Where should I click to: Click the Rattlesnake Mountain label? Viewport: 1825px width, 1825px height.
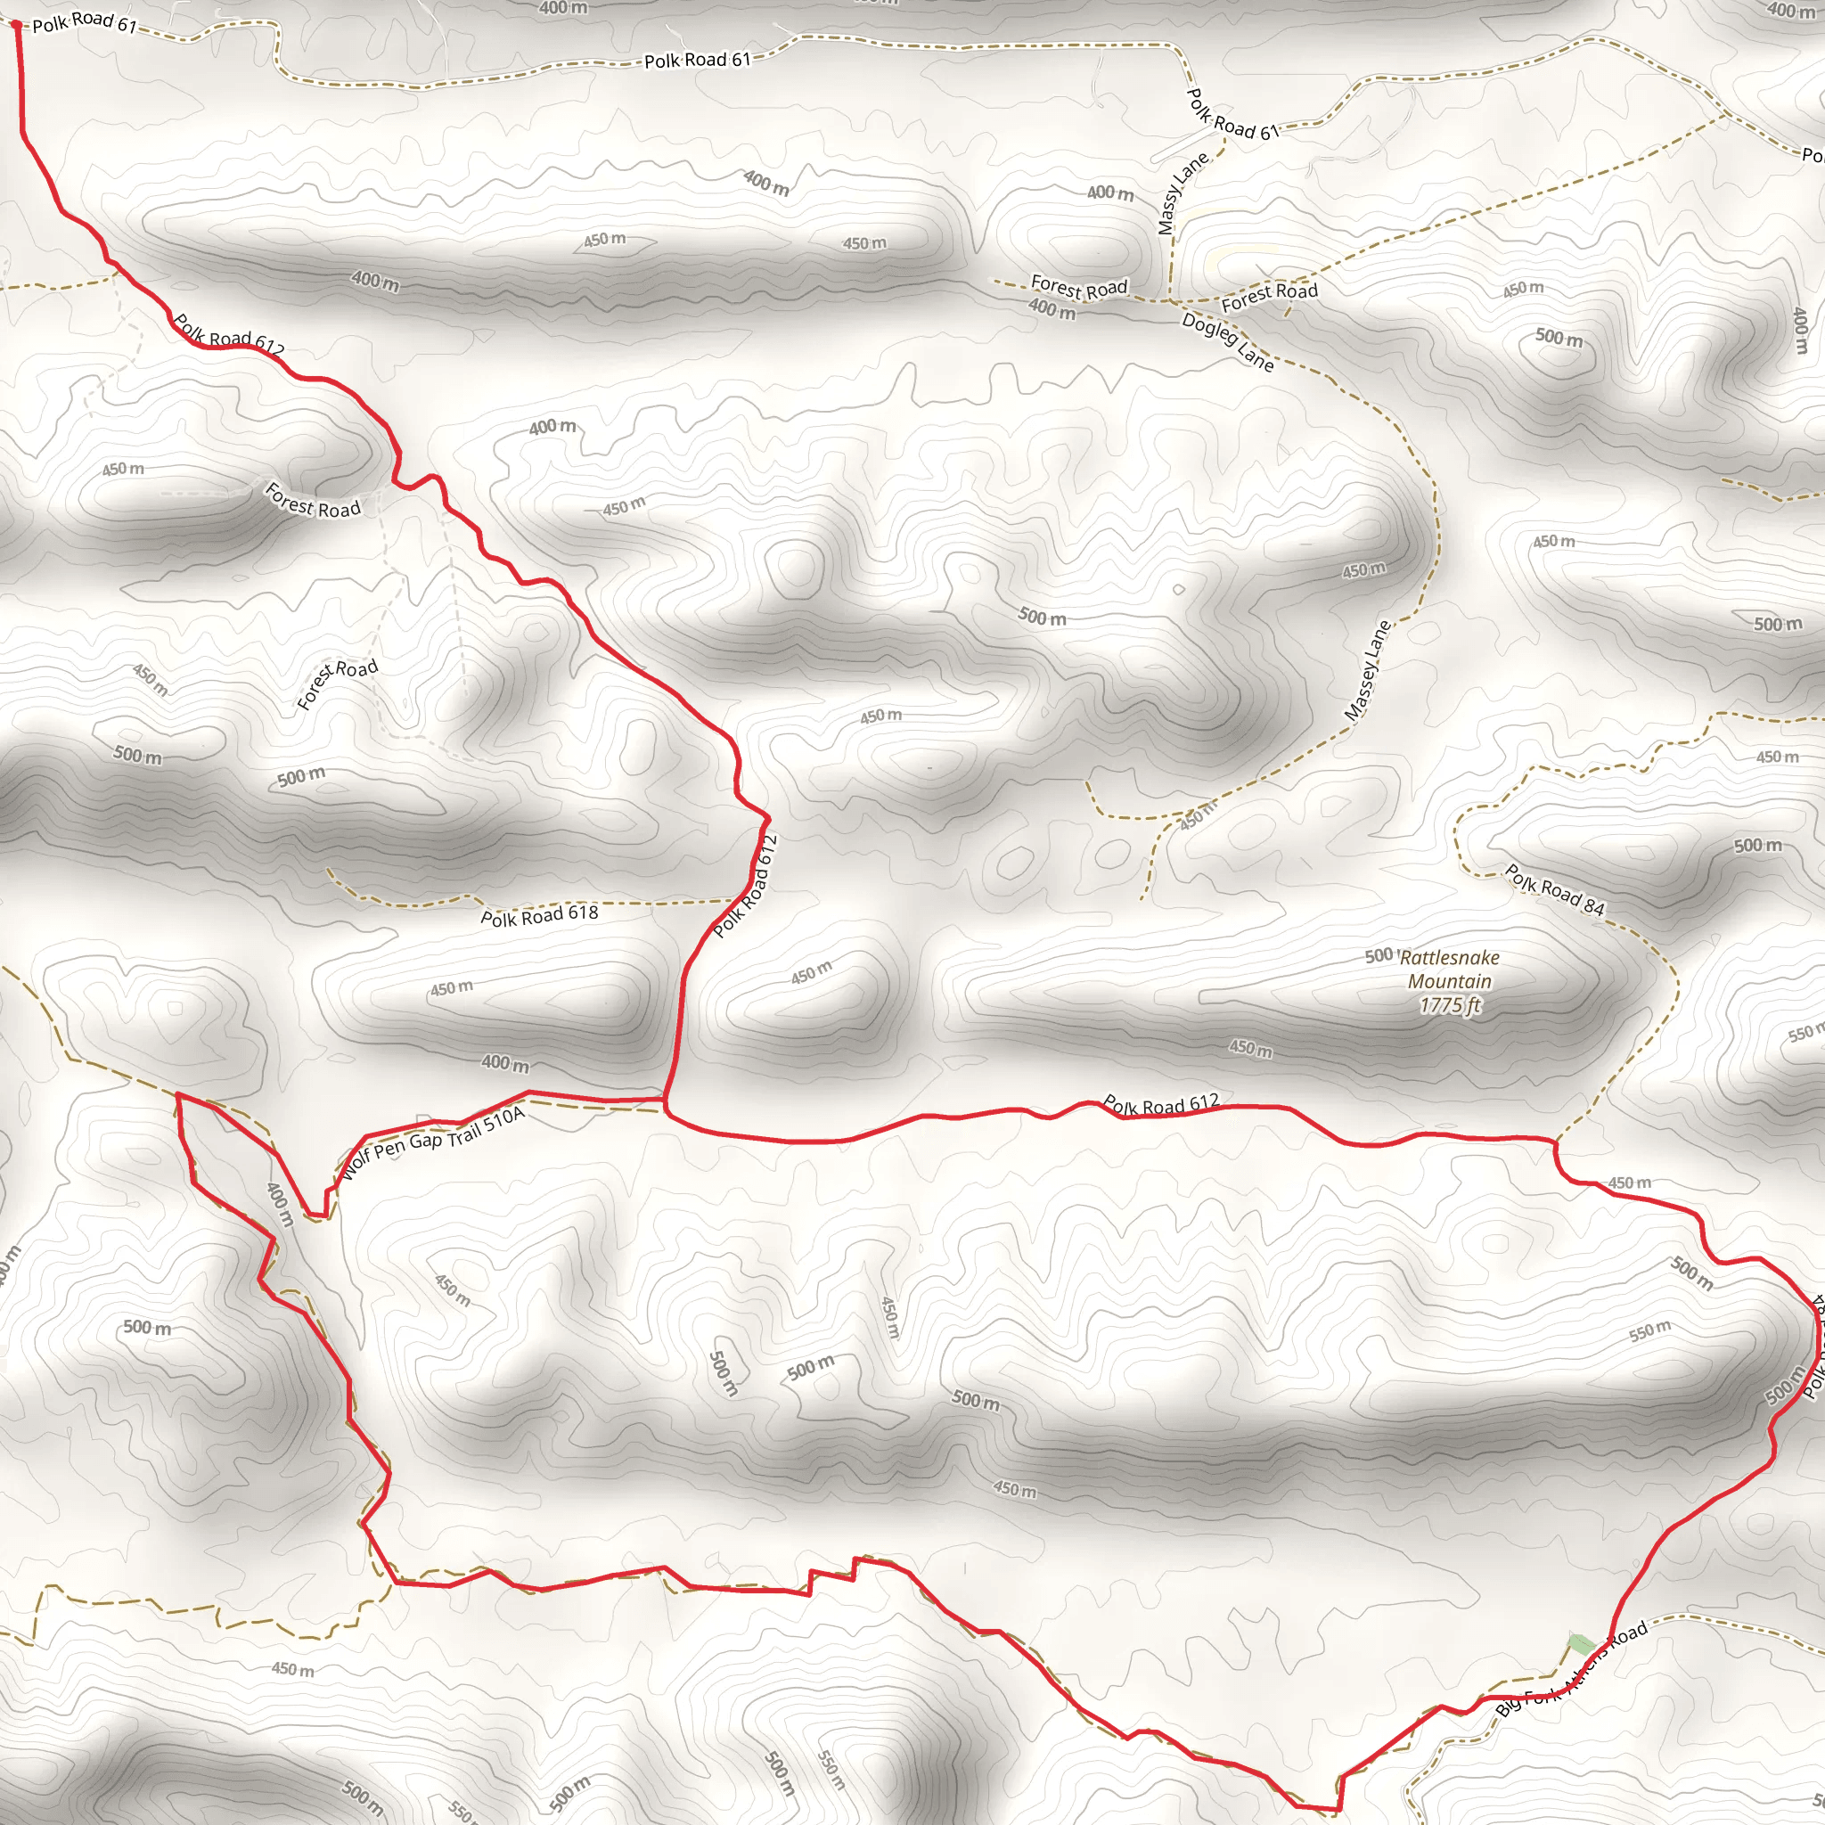(x=1449, y=970)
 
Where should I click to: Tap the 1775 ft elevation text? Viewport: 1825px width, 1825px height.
(x=1449, y=1005)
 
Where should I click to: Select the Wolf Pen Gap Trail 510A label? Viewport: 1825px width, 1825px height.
(x=431, y=1143)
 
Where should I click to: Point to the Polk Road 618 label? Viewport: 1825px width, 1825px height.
(x=539, y=915)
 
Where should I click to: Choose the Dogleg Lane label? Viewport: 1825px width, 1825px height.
(x=1228, y=341)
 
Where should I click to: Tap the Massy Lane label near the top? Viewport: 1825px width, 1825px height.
(x=1183, y=192)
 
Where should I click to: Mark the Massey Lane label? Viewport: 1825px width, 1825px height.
(x=1368, y=671)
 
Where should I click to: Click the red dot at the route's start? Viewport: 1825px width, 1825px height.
(x=16, y=26)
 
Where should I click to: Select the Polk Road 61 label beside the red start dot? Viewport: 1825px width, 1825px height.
(x=85, y=21)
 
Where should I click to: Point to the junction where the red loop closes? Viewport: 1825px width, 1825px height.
(x=666, y=1101)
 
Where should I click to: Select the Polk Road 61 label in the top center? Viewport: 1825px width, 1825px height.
(x=697, y=60)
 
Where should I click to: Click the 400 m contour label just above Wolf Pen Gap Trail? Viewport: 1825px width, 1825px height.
(x=505, y=1064)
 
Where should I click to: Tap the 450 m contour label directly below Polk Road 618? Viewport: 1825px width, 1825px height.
(x=452, y=988)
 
